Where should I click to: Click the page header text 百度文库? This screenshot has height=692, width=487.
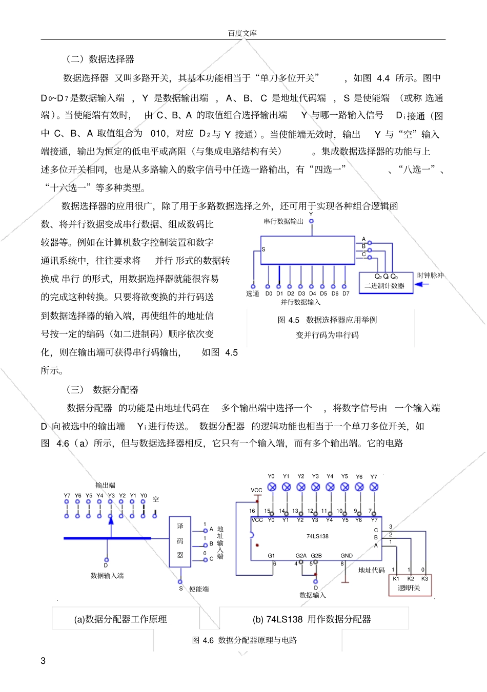[242, 33]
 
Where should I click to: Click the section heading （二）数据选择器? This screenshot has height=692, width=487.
[100, 59]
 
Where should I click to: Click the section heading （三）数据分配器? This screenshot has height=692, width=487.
[103, 390]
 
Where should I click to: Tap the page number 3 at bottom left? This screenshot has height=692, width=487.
[44, 661]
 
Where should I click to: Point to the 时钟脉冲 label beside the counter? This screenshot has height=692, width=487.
[430, 276]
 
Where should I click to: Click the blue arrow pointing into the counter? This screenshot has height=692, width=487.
[421, 284]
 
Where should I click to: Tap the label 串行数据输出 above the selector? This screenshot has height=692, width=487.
[283, 222]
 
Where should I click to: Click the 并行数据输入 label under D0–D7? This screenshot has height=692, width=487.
[300, 302]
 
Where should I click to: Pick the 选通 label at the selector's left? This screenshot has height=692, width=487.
[253, 294]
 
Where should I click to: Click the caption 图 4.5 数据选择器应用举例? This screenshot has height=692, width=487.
[327, 320]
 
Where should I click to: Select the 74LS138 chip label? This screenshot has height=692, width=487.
[317, 536]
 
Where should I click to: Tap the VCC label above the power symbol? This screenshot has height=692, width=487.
[256, 490]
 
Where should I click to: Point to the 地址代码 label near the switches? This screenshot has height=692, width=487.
[372, 570]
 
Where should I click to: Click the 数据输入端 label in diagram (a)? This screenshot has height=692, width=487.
[107, 576]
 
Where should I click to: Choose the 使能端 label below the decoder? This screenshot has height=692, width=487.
[199, 590]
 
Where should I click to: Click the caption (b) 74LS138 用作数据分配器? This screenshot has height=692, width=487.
[312, 619]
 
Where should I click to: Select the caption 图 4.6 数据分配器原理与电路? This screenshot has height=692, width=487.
[245, 640]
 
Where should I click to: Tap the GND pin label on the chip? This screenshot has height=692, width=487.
[347, 556]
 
